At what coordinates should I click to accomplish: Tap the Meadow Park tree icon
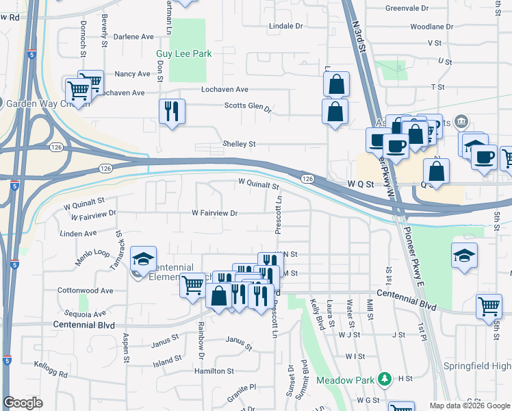coord(385,379)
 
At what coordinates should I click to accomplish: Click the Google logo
coord(23,403)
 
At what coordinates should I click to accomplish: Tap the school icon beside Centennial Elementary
coord(144,258)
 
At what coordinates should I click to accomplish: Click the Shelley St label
coord(238,144)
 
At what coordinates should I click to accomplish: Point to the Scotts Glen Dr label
coord(248,107)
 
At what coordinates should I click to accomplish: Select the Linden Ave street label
coord(78,234)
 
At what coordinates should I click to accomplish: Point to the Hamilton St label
coord(214,371)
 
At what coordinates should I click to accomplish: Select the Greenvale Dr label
coord(406,8)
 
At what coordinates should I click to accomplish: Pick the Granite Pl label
coord(242,387)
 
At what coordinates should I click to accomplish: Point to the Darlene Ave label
coord(133,36)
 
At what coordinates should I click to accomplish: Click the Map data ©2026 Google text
coord(468,406)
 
